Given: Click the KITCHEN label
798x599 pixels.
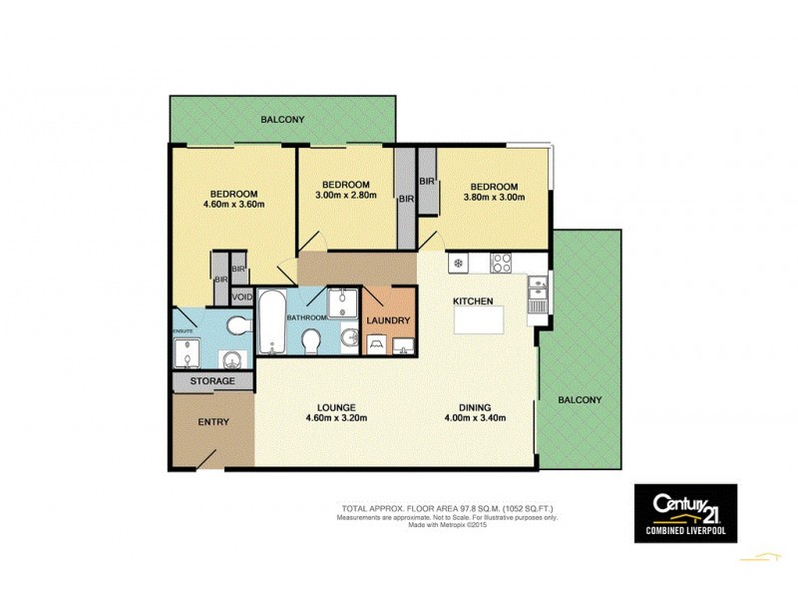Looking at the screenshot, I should click(473, 300).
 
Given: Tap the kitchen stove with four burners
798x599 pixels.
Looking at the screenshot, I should click(501, 264).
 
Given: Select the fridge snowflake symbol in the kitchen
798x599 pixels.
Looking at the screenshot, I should click(458, 264).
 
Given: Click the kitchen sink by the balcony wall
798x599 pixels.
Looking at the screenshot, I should click(538, 294).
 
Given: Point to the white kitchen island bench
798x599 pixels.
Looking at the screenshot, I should click(479, 320).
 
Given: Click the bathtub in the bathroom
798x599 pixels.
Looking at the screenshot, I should click(271, 321).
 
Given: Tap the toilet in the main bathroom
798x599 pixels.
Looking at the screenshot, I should click(310, 340).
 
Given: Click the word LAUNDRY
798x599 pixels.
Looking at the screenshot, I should click(387, 320).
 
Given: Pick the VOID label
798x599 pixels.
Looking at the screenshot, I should click(241, 297).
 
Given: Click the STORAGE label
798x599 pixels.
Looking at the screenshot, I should click(212, 381).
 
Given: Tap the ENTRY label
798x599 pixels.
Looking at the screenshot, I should click(212, 422).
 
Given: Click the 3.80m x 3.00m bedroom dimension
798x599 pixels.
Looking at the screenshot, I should click(494, 199).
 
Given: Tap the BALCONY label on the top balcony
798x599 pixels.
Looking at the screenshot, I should click(282, 120).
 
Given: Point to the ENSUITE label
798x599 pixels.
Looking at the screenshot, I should click(182, 330).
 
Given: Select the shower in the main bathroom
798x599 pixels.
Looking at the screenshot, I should click(346, 301).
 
